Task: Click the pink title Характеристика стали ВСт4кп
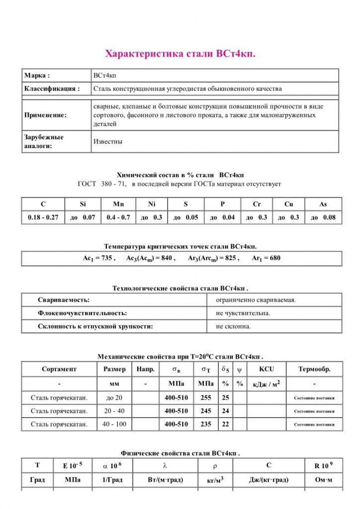pyautogui.click(x=180, y=54)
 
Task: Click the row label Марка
pyautogui.click(x=37, y=76)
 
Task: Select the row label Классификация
pyautogui.click(x=52, y=89)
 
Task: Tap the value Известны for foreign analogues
pyautogui.click(x=108, y=142)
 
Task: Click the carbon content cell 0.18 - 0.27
pyautogui.click(x=43, y=217)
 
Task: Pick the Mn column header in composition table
pyautogui.click(x=118, y=204)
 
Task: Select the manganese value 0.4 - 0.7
pyautogui.click(x=118, y=217)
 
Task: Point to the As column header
pyautogui.click(x=323, y=204)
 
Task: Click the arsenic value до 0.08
pyautogui.click(x=323, y=217)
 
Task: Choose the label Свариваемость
pyautogui.click(x=64, y=300)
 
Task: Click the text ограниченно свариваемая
pyautogui.click(x=256, y=300)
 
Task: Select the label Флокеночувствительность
pyautogui.click(x=82, y=313)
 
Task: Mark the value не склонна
pyautogui.click(x=233, y=326)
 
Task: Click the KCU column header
pyautogui.click(x=267, y=369)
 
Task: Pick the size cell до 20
pyautogui.click(x=114, y=398)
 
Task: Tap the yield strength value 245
pyautogui.click(x=205, y=411)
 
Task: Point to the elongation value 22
pyautogui.click(x=225, y=424)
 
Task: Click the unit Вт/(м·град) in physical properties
pyautogui.click(x=166, y=480)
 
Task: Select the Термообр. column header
pyautogui.click(x=314, y=369)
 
